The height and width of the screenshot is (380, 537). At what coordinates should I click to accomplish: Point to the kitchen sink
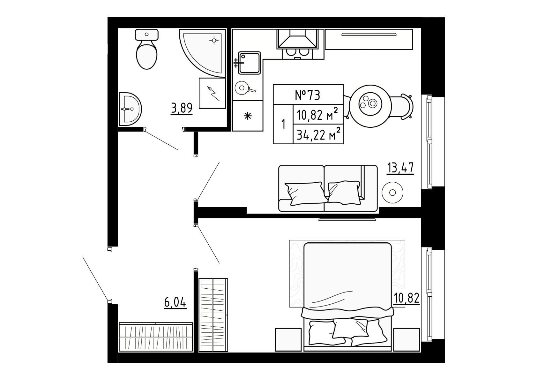(249, 63)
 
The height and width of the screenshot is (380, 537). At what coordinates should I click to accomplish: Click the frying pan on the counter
(244, 88)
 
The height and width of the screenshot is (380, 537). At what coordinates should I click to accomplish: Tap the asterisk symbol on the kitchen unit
(248, 116)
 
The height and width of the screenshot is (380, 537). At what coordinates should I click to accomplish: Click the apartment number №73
(308, 95)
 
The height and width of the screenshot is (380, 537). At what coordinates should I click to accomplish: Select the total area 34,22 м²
(318, 134)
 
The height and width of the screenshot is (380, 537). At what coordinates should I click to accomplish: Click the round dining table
(370, 106)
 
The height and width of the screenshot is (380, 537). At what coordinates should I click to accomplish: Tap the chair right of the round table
(402, 106)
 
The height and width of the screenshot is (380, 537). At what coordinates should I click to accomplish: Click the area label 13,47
(400, 168)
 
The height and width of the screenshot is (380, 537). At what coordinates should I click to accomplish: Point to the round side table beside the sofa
(392, 193)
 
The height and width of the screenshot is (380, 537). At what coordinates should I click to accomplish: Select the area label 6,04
(175, 302)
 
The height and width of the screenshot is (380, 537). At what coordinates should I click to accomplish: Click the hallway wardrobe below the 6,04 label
(156, 337)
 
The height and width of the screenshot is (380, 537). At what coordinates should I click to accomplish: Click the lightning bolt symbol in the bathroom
(213, 94)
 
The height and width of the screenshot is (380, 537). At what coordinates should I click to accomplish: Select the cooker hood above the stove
(297, 38)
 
